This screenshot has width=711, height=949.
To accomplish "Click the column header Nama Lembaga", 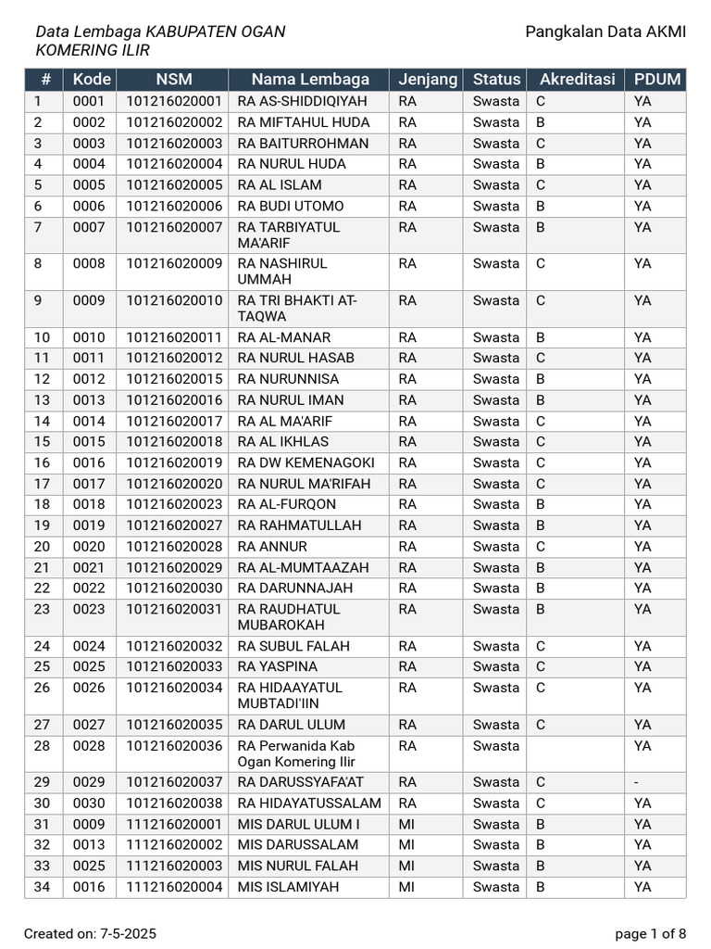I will [x=309, y=80].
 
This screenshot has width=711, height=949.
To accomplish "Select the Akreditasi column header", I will [x=577, y=80].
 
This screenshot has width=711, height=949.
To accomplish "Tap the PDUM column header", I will [x=657, y=80].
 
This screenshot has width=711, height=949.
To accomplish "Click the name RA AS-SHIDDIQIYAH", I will [x=302, y=101].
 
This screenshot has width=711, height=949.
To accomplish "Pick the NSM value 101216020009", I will [x=174, y=263].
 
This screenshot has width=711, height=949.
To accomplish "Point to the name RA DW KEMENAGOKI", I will [x=306, y=462].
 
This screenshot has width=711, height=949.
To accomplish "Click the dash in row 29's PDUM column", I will [x=636, y=783].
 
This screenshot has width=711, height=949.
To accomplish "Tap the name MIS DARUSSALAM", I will [x=297, y=845].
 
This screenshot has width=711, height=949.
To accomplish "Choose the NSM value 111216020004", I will [x=174, y=887].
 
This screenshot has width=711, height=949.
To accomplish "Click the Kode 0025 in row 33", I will [x=89, y=866].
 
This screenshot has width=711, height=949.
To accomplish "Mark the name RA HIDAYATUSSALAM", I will [x=309, y=803].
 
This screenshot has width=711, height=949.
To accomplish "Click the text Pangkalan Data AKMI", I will [x=605, y=32].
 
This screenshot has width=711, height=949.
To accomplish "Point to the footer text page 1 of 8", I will [x=650, y=933].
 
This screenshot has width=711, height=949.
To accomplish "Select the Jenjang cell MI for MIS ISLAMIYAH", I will [x=406, y=887].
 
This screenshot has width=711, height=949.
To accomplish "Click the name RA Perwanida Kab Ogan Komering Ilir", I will [x=296, y=753].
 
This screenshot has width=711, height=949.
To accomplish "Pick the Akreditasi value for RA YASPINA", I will [x=541, y=666].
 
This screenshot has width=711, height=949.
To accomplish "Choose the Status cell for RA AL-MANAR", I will [x=495, y=337].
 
